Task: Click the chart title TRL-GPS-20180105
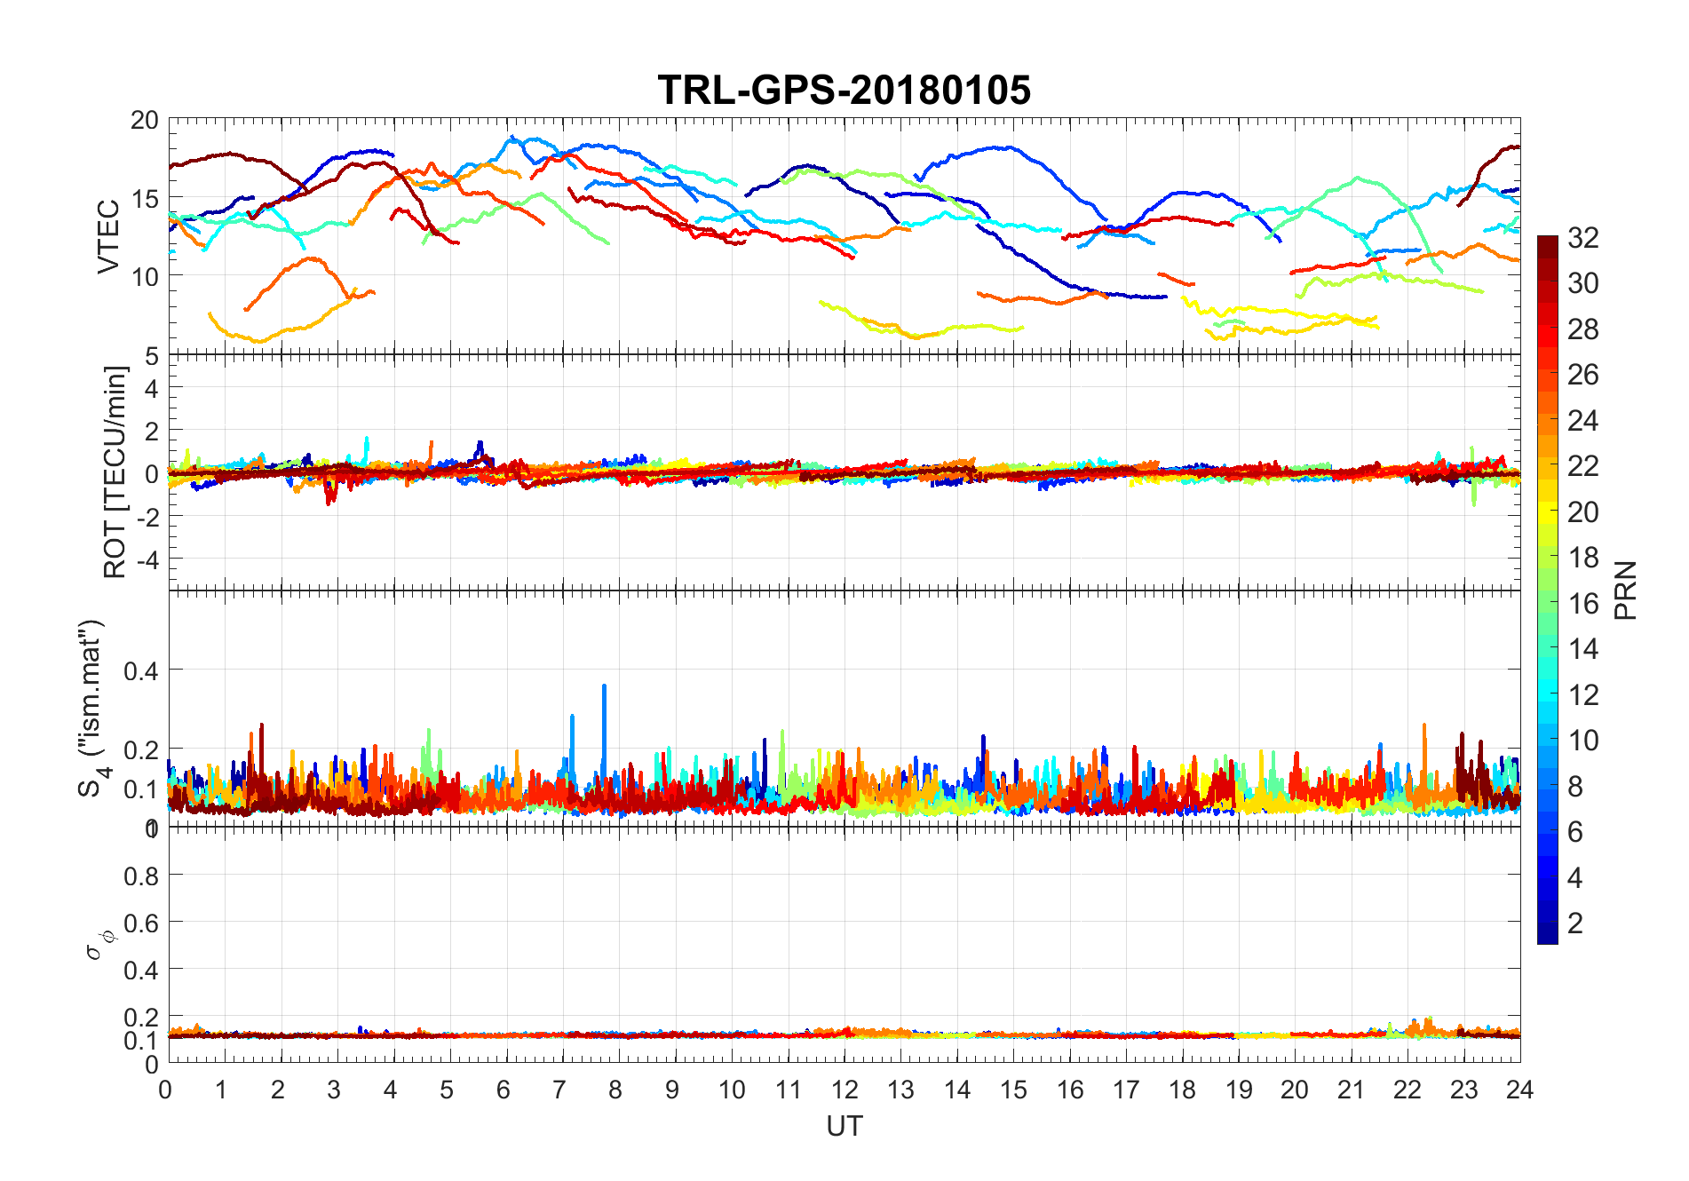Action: [x=844, y=90]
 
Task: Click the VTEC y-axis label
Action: [x=108, y=236]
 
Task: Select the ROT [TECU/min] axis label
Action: [x=115, y=472]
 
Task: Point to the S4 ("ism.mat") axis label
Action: [x=91, y=708]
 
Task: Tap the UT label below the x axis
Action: [x=844, y=1126]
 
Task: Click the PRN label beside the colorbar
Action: [x=1625, y=590]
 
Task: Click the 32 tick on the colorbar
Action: [x=1582, y=237]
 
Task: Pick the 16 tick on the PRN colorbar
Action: [x=1582, y=603]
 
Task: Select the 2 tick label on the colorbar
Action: [x=1575, y=923]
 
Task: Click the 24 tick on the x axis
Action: [x=1519, y=1090]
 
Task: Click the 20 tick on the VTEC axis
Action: [x=144, y=120]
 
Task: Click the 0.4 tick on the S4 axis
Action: [x=140, y=670]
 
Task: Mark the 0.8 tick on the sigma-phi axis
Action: [x=140, y=876]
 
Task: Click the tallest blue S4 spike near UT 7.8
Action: [x=604, y=687]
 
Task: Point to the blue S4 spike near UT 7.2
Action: [x=572, y=717]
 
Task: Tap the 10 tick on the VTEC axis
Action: [x=144, y=276]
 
